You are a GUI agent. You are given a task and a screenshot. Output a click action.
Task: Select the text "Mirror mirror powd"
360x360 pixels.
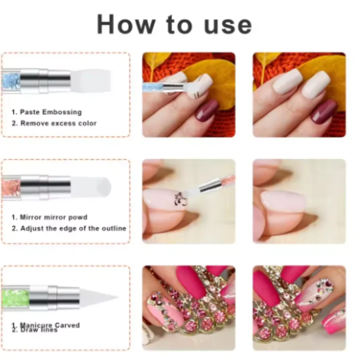[49, 217]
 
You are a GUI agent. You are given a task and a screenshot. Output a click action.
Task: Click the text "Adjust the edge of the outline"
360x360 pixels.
[69, 229]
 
